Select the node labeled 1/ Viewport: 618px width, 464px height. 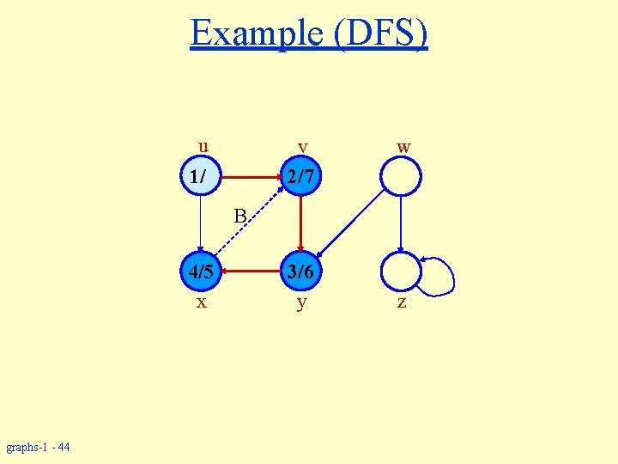(199, 178)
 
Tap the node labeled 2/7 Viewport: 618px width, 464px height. (300, 178)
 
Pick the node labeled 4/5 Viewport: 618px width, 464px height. (201, 272)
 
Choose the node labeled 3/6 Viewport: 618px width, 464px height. (300, 272)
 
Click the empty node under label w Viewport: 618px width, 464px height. (401, 178)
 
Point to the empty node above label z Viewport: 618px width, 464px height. (401, 272)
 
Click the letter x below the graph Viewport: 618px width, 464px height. (201, 302)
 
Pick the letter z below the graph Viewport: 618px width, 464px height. (401, 303)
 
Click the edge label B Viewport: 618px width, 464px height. (240, 214)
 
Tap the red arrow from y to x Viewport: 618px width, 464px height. (251, 272)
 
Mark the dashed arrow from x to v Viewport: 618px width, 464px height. (251, 226)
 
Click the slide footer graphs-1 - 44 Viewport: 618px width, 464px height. (38, 447)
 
